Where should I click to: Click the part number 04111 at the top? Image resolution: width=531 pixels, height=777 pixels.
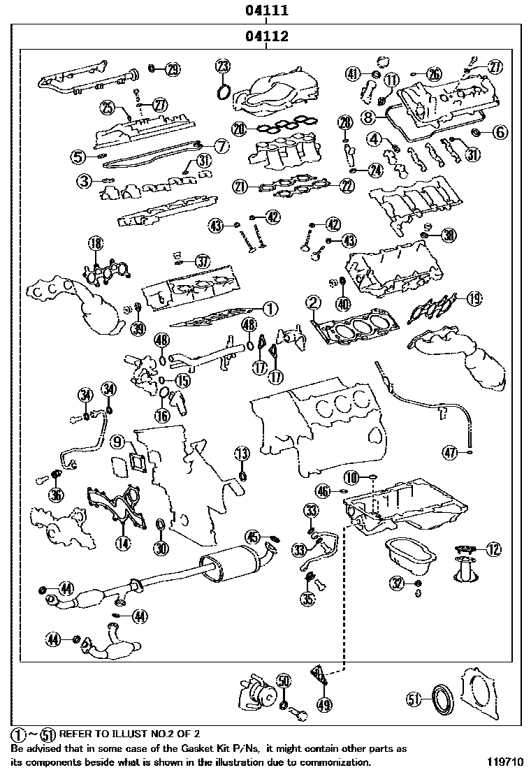click(x=266, y=10)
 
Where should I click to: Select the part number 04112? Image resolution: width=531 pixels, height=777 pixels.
click(x=266, y=36)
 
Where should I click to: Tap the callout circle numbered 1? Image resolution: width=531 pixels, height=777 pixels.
click(x=270, y=307)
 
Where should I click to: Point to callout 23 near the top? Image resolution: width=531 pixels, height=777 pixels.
click(x=221, y=67)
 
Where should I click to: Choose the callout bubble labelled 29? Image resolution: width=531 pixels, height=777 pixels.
click(x=172, y=68)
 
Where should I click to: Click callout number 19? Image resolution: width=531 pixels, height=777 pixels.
click(x=474, y=299)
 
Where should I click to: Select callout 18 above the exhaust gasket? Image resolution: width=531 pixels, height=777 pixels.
click(x=95, y=244)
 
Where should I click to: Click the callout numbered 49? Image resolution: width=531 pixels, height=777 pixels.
click(x=323, y=705)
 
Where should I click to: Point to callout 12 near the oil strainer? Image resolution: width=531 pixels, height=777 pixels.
click(x=493, y=550)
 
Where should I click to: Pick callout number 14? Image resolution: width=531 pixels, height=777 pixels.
click(x=123, y=541)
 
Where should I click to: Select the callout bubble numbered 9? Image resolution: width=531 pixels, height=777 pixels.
click(x=117, y=442)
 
